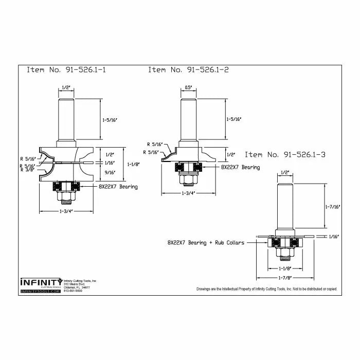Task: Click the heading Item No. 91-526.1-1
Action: point(67,70)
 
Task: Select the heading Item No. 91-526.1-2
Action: point(188,70)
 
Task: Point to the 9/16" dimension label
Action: point(110,172)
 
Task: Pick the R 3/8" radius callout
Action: point(28,170)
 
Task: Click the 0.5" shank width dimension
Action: point(188,87)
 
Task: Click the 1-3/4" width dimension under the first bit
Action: point(66,211)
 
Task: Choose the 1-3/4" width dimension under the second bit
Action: point(187,193)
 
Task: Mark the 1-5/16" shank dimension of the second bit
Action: point(233,119)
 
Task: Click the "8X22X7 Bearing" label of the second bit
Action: point(240,167)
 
